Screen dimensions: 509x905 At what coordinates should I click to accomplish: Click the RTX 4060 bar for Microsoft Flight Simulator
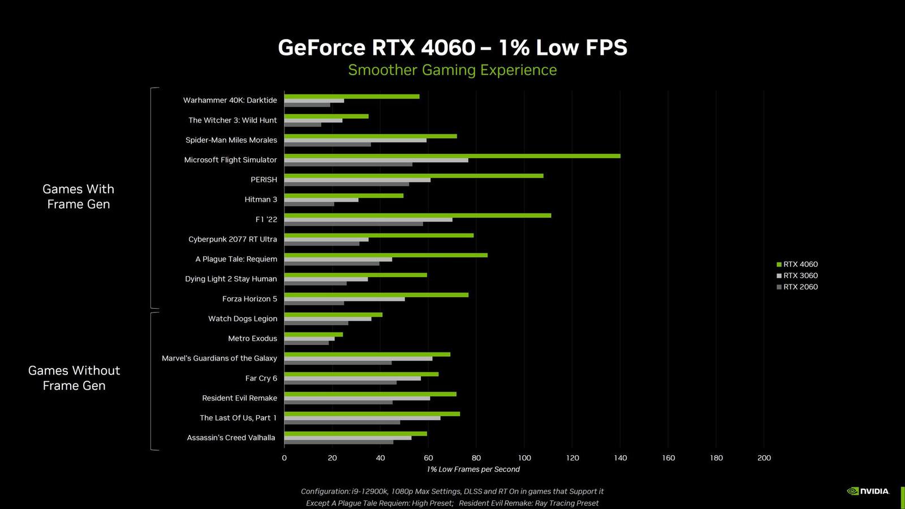pyautogui.click(x=453, y=156)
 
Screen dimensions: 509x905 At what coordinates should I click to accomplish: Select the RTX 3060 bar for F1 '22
pyautogui.click(x=368, y=219)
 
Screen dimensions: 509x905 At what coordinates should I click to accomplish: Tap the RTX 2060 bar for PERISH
pyautogui.click(x=346, y=184)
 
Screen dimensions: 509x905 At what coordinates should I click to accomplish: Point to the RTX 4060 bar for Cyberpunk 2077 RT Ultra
pyautogui.click(x=379, y=235)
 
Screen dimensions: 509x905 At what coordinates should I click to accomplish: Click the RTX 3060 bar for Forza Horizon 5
pyautogui.click(x=344, y=299)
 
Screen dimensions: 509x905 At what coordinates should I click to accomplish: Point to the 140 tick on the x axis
pyautogui.click(x=620, y=458)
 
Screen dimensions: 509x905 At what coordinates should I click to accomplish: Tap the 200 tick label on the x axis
pyautogui.click(x=764, y=458)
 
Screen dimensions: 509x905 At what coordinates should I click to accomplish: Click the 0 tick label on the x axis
pyautogui.click(x=284, y=458)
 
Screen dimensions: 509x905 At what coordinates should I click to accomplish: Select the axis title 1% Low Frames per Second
pyautogui.click(x=473, y=469)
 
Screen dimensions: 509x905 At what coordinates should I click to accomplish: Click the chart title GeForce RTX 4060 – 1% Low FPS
pyautogui.click(x=453, y=48)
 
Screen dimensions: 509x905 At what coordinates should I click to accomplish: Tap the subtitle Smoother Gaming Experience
pyautogui.click(x=453, y=70)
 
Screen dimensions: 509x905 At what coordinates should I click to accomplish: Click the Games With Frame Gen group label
pyautogui.click(x=78, y=196)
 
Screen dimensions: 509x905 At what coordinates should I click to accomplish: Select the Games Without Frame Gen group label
pyautogui.click(x=74, y=378)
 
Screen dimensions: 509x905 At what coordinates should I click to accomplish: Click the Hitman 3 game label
pyautogui.click(x=261, y=200)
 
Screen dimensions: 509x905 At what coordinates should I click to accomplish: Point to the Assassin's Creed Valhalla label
pyautogui.click(x=231, y=438)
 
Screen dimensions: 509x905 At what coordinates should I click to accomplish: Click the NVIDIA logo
pyautogui.click(x=868, y=491)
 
